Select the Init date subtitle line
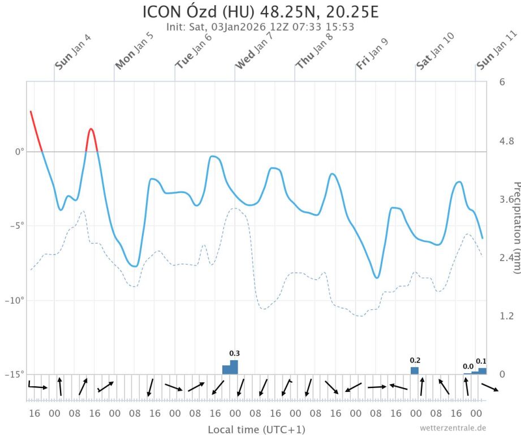pyautogui.click(x=261, y=26)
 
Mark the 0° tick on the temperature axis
pyautogui.click(x=19, y=152)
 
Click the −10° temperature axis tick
pyautogui.click(x=16, y=300)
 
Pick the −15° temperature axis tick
pyautogui.click(x=16, y=374)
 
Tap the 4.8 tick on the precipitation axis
pyautogui.click(x=506, y=141)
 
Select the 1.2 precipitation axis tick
pyautogui.click(x=506, y=315)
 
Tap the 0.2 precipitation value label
pyautogui.click(x=415, y=360)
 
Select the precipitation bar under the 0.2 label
pyautogui.click(x=415, y=370)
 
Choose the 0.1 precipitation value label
pyautogui.click(x=481, y=361)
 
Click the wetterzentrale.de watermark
pyautogui.click(x=453, y=428)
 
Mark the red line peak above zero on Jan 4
pyautogui.click(x=91, y=130)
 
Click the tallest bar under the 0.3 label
pyautogui.click(x=234, y=367)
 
